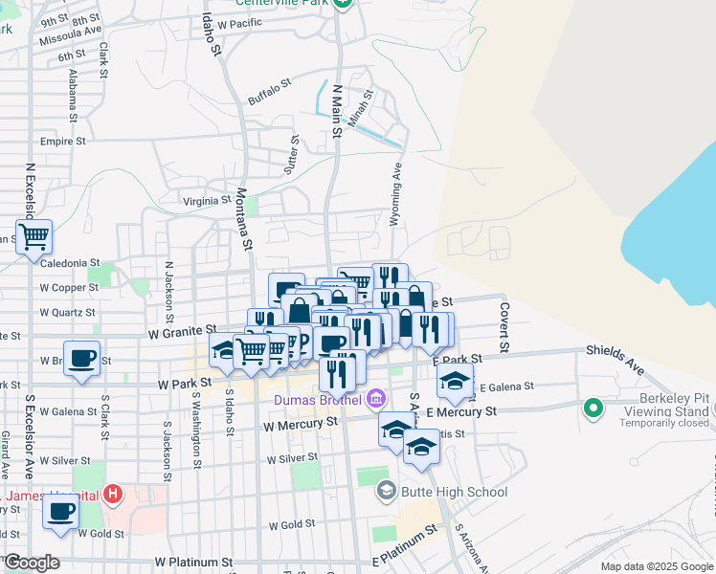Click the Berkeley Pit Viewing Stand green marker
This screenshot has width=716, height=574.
tap(593, 409)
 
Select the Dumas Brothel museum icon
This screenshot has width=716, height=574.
tap(377, 397)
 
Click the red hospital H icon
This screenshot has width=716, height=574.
tap(113, 495)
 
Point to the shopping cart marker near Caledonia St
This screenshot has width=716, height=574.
tap(34, 235)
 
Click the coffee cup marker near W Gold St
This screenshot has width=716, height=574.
tap(61, 511)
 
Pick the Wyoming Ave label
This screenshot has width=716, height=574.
tap(395, 194)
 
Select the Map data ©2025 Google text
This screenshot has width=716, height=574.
tap(656, 566)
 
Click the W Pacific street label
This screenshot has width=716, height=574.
tap(239, 23)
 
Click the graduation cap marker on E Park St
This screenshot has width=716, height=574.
tap(456, 380)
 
